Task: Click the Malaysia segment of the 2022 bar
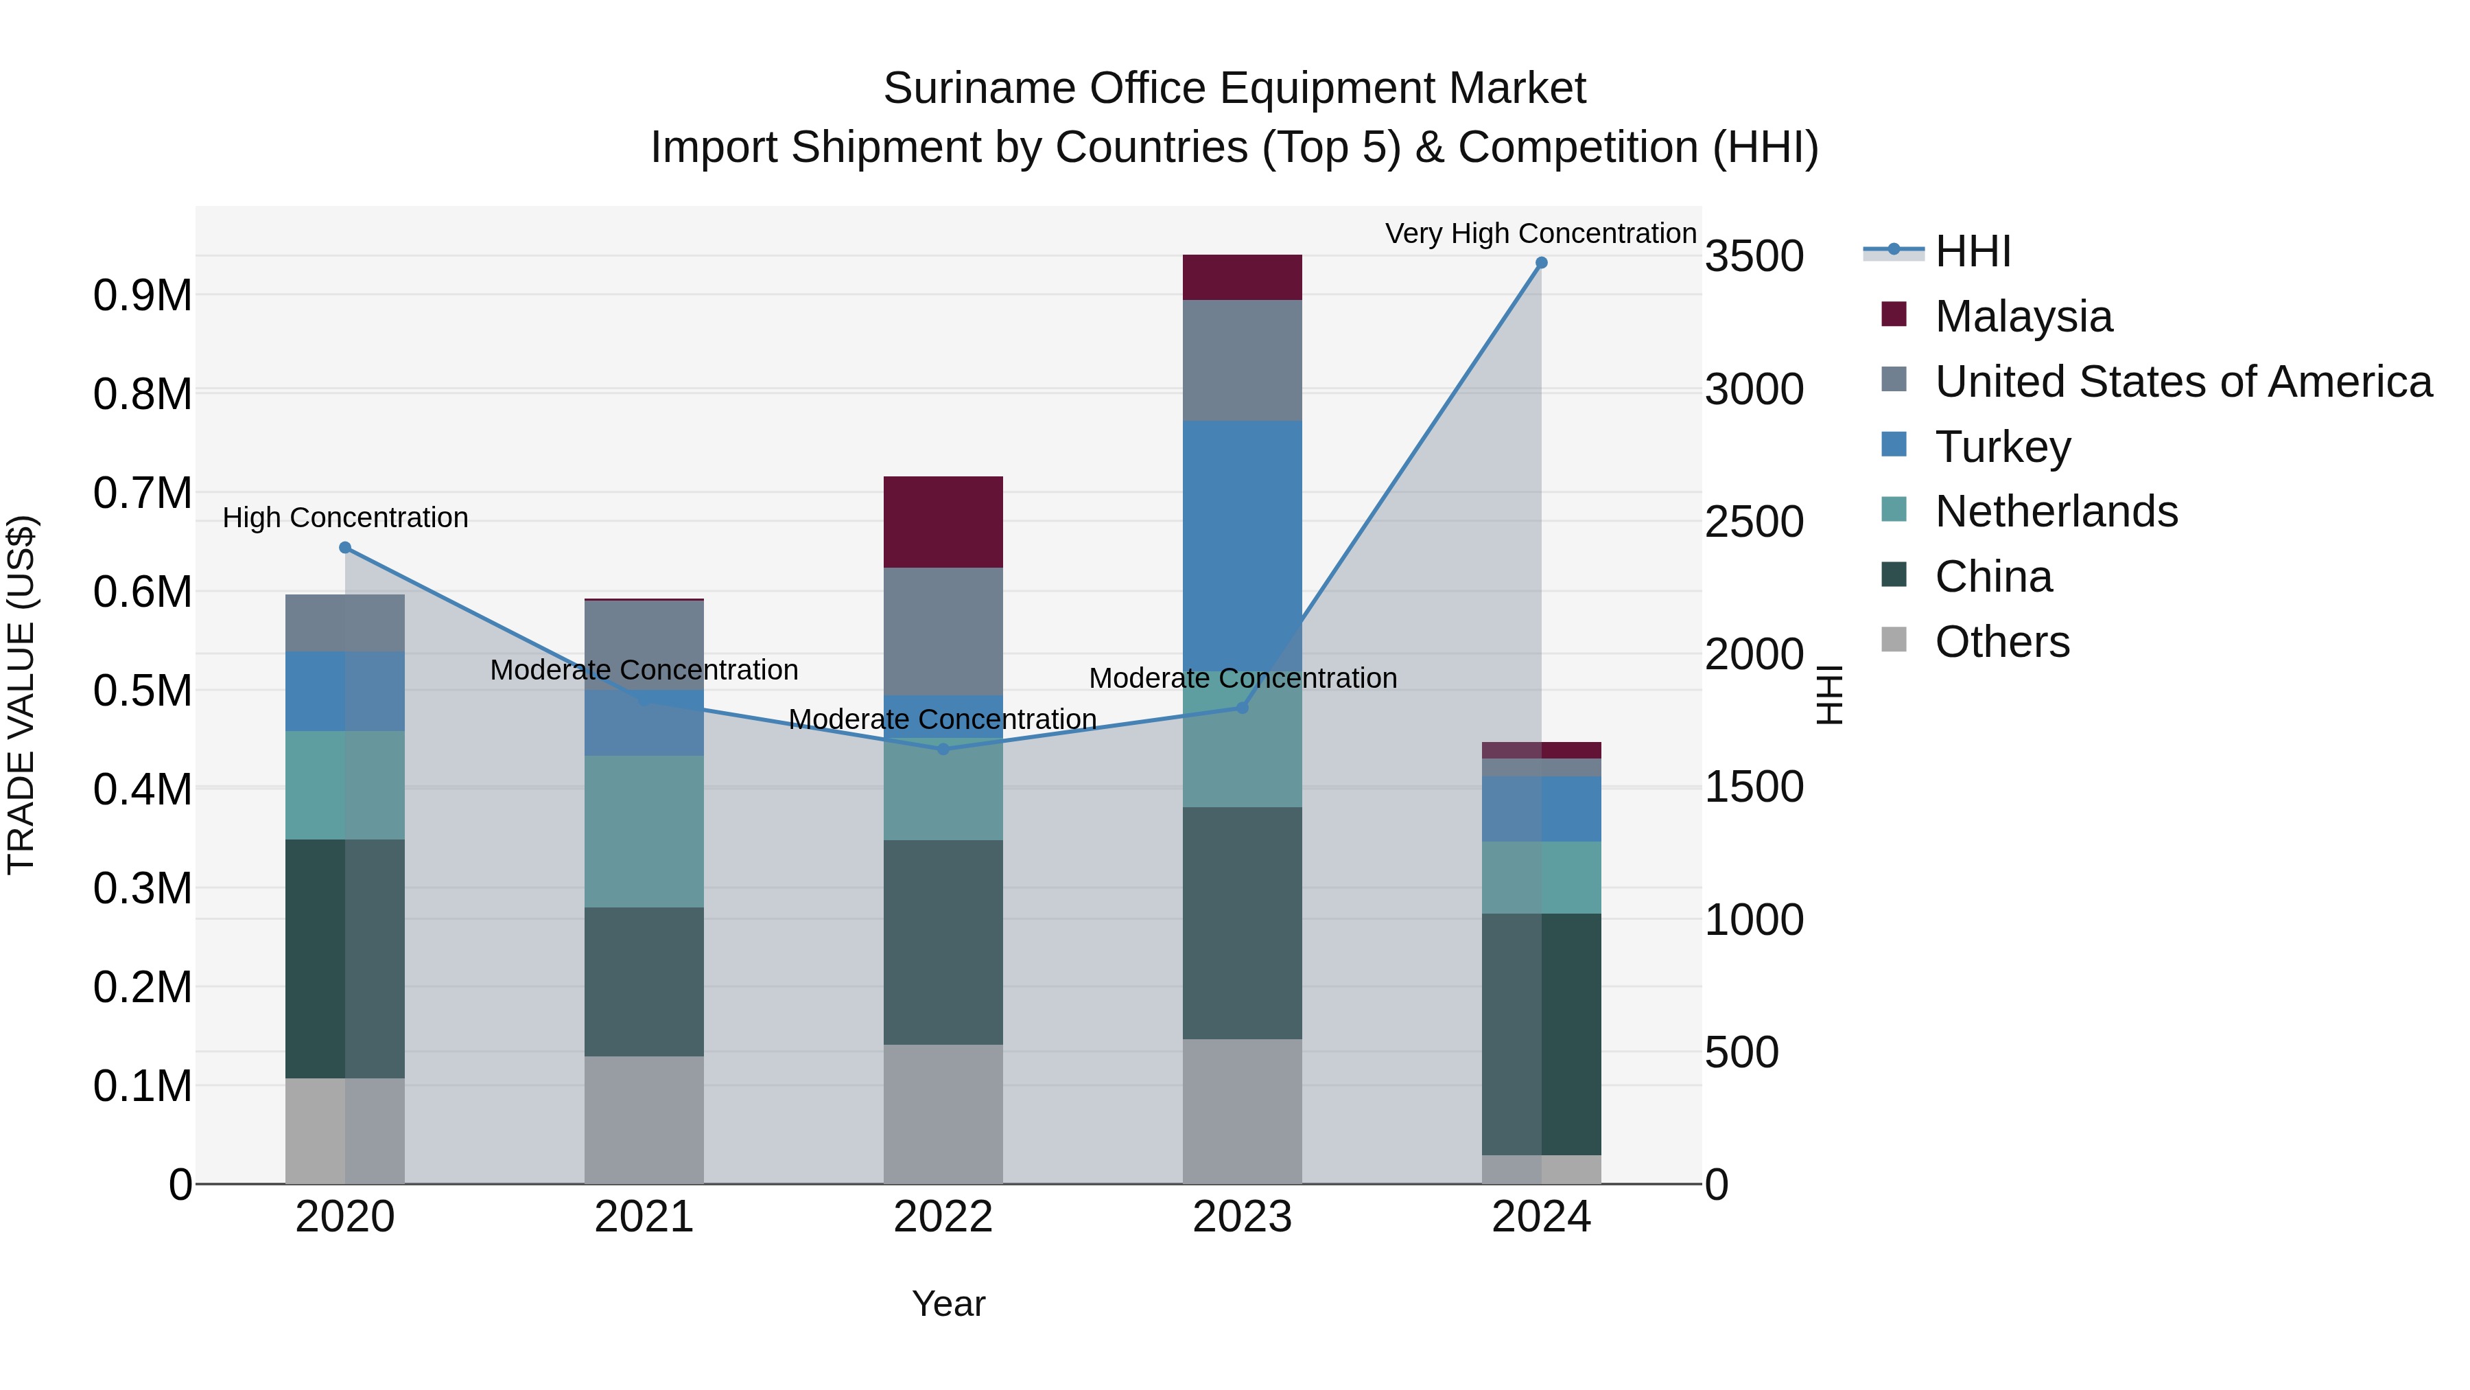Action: pos(943,521)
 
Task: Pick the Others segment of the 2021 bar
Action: pos(644,1120)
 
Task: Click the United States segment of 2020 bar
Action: pos(344,623)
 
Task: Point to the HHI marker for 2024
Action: pos(1541,263)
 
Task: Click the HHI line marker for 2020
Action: pos(345,548)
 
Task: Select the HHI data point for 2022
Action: pos(943,749)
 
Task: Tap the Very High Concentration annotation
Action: pos(1540,233)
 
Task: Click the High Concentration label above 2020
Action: pos(345,518)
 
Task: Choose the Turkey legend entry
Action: pos(2002,446)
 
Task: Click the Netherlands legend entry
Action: pos(2056,511)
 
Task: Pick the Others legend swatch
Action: pos(1894,640)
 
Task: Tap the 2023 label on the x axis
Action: pos(1242,1217)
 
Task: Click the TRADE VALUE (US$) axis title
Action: pos(21,695)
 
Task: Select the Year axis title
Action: pos(948,1304)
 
